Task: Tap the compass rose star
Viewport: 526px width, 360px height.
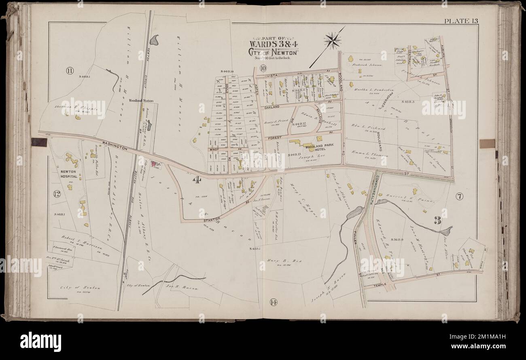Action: [333, 40]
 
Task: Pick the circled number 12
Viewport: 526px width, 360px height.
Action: [57, 194]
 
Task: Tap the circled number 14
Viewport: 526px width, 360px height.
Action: [271, 301]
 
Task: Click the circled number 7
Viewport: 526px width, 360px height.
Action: [460, 197]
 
